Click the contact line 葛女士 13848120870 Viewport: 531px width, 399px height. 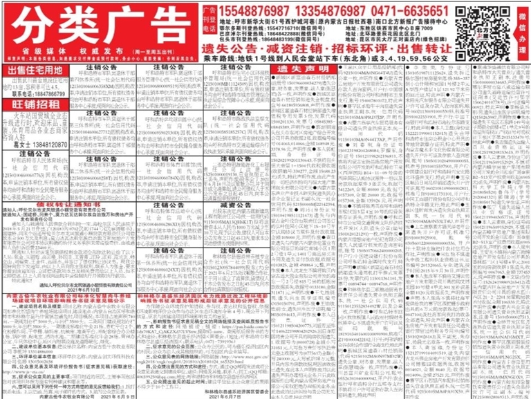coord(36,144)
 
